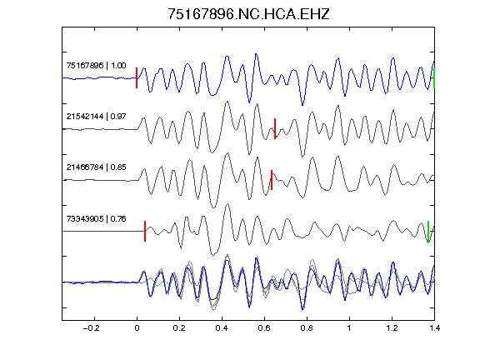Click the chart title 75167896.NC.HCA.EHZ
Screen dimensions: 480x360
point(248,14)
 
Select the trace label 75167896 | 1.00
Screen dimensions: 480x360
point(96,66)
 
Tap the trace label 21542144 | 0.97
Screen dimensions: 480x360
point(96,117)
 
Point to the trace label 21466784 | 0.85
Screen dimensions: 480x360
point(96,167)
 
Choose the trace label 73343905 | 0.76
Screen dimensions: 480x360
point(96,218)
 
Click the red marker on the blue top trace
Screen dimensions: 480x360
point(137,78)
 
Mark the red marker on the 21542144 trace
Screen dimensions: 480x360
point(275,129)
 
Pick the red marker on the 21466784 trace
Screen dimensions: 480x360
point(272,180)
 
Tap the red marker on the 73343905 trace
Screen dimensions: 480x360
point(145,231)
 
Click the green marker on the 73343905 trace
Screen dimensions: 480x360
point(428,231)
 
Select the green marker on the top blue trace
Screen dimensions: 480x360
point(434,78)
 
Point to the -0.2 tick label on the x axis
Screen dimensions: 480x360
point(92,328)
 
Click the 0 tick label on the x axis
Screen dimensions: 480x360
point(137,328)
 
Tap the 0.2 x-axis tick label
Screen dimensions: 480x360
point(179,328)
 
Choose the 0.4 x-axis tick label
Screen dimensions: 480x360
point(222,328)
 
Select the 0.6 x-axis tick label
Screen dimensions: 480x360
point(264,328)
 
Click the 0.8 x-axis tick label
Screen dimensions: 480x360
point(307,328)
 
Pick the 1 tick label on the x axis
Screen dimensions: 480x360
point(349,328)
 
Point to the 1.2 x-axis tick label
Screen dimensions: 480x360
point(392,328)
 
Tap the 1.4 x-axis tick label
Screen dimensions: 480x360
point(434,328)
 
